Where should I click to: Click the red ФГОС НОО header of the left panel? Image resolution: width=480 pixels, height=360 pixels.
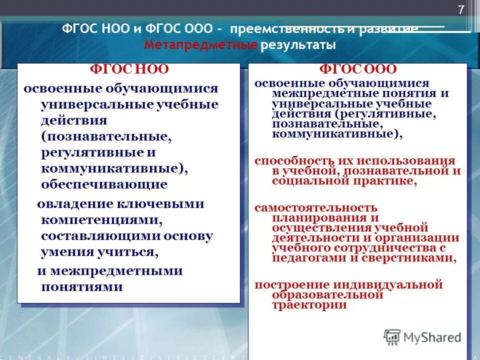click(x=129, y=69)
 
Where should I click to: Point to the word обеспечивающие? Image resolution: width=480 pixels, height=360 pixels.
click(x=104, y=184)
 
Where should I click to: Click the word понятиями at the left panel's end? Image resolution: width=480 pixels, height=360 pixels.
click(x=82, y=287)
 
